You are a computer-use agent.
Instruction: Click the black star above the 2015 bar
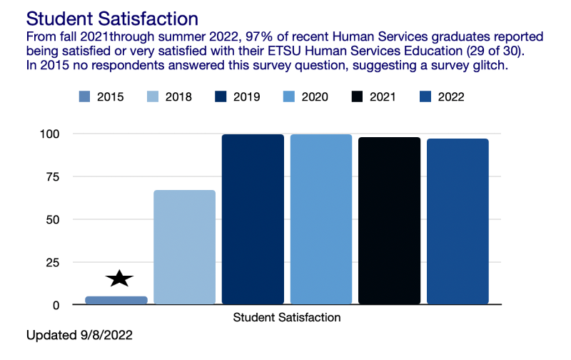tap(119, 279)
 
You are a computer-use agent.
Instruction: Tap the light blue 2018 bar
tap(184, 247)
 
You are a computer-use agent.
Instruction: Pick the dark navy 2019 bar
tap(253, 219)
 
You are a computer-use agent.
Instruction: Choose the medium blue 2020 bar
tap(321, 219)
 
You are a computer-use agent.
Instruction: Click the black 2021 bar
tap(390, 221)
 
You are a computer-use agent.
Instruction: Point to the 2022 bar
tap(458, 221)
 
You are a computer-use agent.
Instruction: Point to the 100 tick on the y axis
tap(57, 134)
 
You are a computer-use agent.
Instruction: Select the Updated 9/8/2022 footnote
tap(79, 334)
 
